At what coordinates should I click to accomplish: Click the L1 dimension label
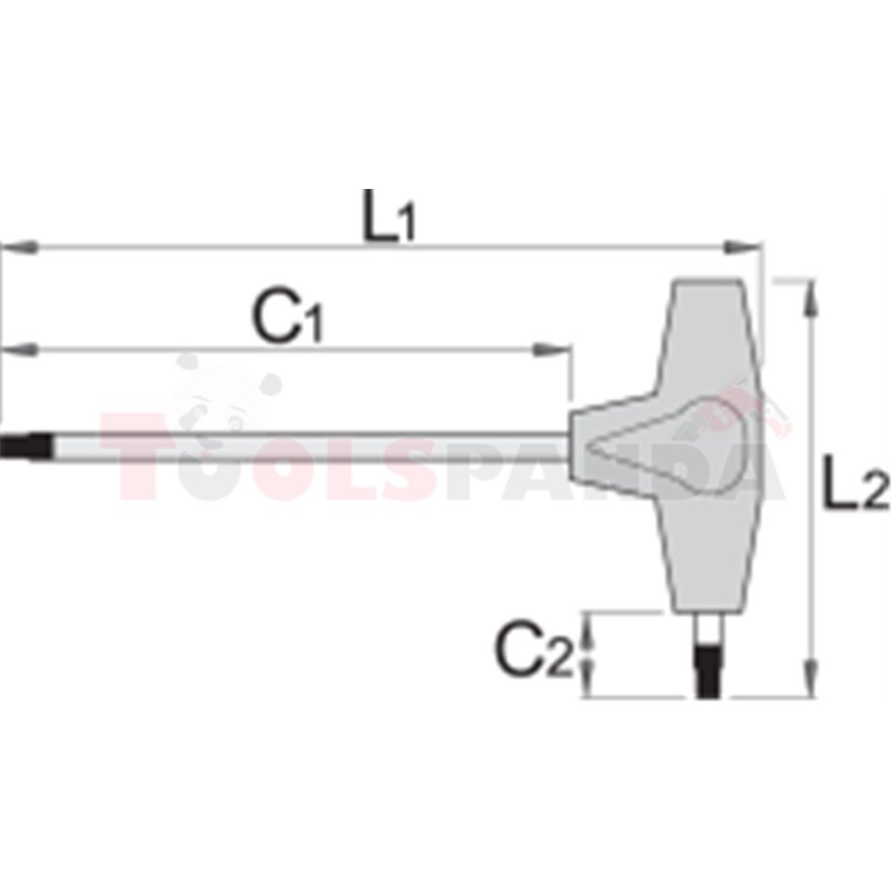[x=389, y=216]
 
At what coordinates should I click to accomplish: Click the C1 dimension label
[x=288, y=315]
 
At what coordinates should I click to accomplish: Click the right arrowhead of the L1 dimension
[x=741, y=247]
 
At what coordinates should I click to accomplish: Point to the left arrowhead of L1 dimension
[x=20, y=247]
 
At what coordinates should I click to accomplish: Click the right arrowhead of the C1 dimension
[x=551, y=349]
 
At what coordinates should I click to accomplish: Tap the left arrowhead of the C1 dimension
[x=20, y=349]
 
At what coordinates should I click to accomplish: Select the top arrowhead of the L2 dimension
[x=811, y=298]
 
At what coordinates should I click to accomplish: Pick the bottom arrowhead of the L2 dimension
[x=811, y=678]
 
